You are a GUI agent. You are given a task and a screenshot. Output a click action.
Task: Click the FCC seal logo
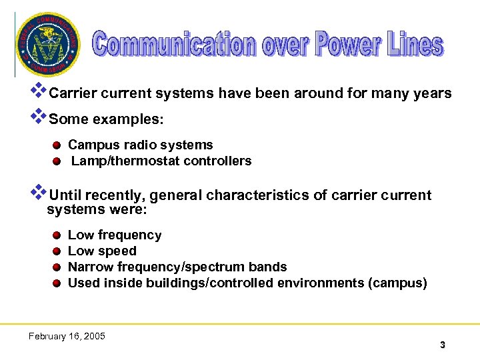pyautogui.click(x=46, y=44)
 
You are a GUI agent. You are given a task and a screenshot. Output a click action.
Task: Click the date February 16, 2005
pyautogui.click(x=67, y=336)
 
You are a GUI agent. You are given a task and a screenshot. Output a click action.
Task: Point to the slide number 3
pyautogui.click(x=442, y=345)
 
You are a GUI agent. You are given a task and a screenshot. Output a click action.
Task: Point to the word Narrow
pyautogui.click(x=91, y=267)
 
